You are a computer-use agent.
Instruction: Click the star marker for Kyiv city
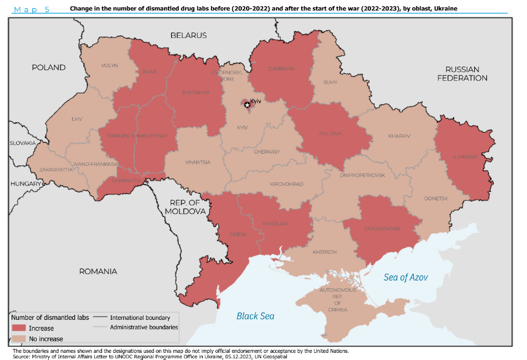click(247, 105)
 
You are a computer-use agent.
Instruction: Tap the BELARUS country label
click(188, 35)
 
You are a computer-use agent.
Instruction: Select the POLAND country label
click(48, 67)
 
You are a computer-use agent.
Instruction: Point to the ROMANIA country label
click(98, 271)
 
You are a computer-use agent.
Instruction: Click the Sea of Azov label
click(405, 277)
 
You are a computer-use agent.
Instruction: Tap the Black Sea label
click(255, 316)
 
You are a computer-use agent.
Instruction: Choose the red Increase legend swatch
click(19, 328)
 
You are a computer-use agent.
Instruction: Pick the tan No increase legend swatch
click(19, 339)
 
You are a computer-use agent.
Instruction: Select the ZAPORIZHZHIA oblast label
click(382, 228)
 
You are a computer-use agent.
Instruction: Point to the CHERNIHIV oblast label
click(281, 69)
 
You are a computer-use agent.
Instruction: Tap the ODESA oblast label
click(238, 234)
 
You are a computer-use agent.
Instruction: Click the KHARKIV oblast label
click(399, 136)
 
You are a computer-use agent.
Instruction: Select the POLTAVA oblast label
click(329, 133)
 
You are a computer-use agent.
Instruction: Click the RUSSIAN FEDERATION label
click(462, 74)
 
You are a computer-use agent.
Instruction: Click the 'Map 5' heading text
click(31, 9)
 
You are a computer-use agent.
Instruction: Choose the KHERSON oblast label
click(324, 252)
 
